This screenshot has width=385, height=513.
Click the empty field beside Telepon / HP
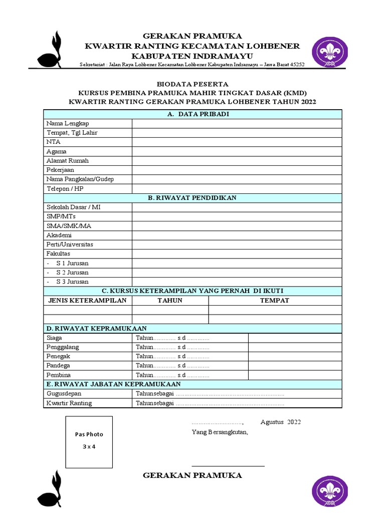point(237,189)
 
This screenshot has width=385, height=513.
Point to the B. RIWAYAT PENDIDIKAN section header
point(192,198)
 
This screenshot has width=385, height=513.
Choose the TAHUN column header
point(170,300)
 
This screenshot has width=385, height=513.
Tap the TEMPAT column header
point(275,300)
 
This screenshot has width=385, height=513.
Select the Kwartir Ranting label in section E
point(69,403)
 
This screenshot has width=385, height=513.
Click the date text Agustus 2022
point(281,422)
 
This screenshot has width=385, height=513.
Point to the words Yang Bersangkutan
point(220,432)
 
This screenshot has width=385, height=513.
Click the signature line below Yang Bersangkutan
point(228,466)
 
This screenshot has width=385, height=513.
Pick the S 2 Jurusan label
point(72,273)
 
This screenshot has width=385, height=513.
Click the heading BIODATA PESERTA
point(192,84)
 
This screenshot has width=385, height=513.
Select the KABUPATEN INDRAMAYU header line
point(192,56)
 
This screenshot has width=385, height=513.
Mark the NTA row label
point(53,142)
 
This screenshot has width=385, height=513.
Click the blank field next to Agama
point(237,151)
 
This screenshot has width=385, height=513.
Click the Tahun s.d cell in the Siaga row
point(172,338)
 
